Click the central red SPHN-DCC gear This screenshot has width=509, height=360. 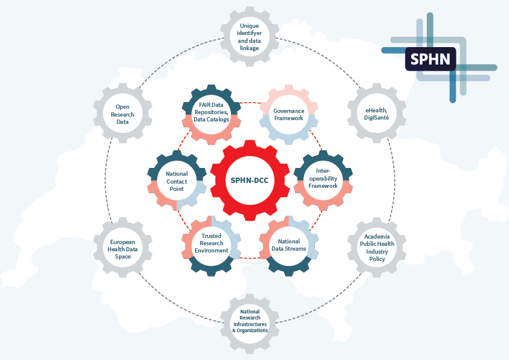point(249,180)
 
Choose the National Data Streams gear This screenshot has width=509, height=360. point(288,245)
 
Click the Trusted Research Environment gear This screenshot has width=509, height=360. point(212,245)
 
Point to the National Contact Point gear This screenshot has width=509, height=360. point(177,180)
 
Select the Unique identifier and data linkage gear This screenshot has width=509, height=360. point(249,37)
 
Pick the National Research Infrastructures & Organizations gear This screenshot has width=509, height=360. point(249,322)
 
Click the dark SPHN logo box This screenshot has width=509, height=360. point(430,59)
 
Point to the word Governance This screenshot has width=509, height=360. point(288,111)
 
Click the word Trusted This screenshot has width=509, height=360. point(212,236)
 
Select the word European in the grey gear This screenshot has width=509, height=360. point(123,240)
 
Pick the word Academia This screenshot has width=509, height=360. point(376,237)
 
